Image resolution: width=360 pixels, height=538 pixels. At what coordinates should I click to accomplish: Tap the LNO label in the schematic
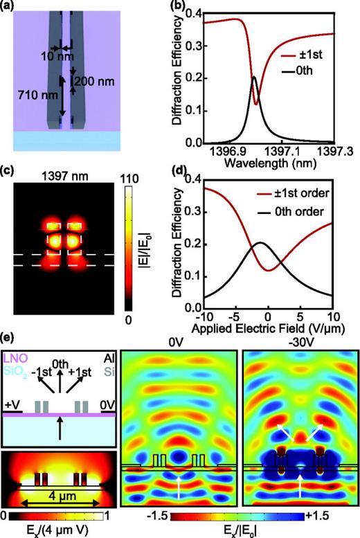tap(17, 356)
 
